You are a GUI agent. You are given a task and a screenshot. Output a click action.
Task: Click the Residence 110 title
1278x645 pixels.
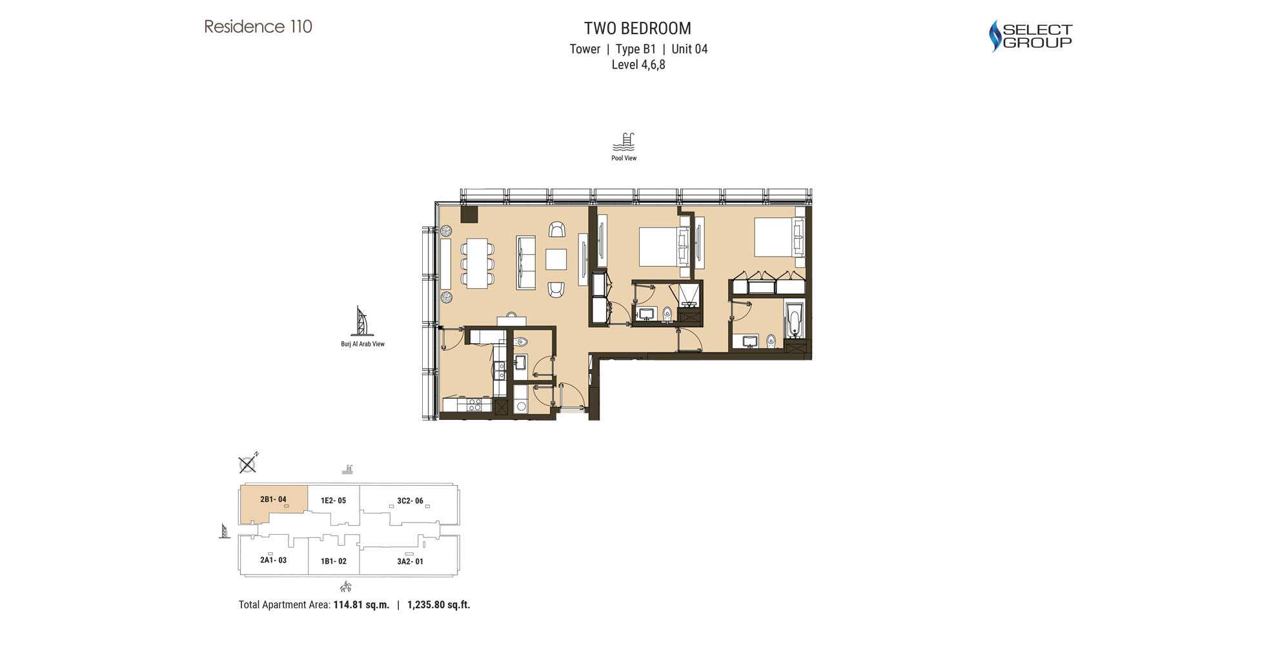pyautogui.click(x=258, y=26)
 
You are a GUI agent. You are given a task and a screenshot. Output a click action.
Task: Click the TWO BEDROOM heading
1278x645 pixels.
pyautogui.click(x=637, y=28)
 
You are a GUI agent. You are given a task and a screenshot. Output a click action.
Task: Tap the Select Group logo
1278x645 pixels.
pyautogui.click(x=1030, y=35)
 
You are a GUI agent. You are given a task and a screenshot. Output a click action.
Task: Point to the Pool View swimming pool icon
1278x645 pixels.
pyautogui.click(x=624, y=141)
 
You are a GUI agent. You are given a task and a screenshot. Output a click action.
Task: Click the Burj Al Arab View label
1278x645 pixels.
pyautogui.click(x=363, y=344)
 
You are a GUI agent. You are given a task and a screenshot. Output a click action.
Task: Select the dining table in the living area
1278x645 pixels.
pyautogui.click(x=478, y=263)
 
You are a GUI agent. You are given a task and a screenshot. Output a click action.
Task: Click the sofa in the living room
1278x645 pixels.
pyautogui.click(x=525, y=262)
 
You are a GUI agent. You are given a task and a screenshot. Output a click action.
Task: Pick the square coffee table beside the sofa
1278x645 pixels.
pyautogui.click(x=556, y=259)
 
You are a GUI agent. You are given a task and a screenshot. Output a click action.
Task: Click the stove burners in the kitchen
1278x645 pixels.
pyautogui.click(x=474, y=405)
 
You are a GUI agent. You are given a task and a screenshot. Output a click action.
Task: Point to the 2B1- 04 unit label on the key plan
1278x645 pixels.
pyautogui.click(x=273, y=499)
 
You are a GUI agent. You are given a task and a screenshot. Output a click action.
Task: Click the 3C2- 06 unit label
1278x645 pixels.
pyautogui.click(x=410, y=501)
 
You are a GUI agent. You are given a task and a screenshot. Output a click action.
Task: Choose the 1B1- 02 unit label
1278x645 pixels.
pyautogui.click(x=334, y=561)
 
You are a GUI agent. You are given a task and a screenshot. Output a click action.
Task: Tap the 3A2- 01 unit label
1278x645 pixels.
pyautogui.click(x=410, y=561)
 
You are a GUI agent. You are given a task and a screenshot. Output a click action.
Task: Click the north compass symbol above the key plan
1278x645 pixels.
pyautogui.click(x=247, y=464)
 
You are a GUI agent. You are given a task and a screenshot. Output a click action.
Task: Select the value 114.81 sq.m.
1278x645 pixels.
pyautogui.click(x=361, y=605)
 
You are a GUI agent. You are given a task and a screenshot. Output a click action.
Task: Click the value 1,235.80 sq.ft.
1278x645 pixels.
pyautogui.click(x=438, y=605)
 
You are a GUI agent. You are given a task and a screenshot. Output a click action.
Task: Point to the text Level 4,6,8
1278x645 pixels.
pyautogui.click(x=638, y=64)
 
